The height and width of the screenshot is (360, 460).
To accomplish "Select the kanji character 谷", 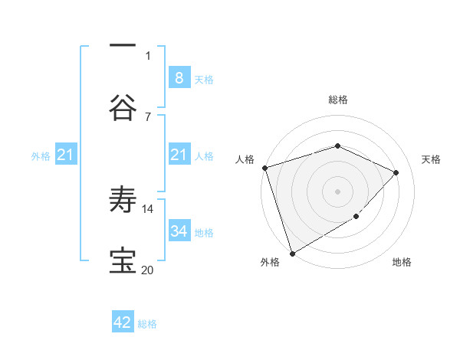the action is [x=123, y=107].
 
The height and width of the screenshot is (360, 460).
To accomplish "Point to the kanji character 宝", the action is [x=123, y=261].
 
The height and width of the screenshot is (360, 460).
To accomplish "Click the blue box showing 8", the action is [x=179, y=77].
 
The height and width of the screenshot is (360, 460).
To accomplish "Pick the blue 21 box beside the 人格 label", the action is [x=179, y=155].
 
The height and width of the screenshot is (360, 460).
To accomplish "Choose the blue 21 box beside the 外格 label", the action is [x=66, y=155].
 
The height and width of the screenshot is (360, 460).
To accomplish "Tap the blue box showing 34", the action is [x=179, y=231].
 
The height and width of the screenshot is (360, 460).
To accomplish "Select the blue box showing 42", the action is [x=123, y=322].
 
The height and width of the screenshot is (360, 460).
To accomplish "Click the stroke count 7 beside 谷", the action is [x=148, y=116].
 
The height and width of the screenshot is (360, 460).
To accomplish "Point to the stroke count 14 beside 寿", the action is [x=148, y=208].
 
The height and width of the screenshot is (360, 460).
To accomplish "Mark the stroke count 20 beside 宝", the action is [x=148, y=270].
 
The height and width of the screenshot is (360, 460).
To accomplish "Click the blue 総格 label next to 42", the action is [x=147, y=324].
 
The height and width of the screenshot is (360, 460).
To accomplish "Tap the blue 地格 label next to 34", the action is [x=204, y=232].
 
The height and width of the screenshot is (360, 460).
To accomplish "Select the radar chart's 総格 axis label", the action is [x=338, y=100].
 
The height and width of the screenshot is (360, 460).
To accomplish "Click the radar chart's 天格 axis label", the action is [x=431, y=159].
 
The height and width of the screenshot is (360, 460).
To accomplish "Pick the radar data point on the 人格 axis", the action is [x=264, y=168].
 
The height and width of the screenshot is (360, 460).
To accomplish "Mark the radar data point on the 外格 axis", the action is [x=292, y=253].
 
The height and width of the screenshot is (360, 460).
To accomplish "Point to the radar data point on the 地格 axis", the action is [x=356, y=218].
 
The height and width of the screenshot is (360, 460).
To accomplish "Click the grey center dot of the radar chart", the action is [x=338, y=191].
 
